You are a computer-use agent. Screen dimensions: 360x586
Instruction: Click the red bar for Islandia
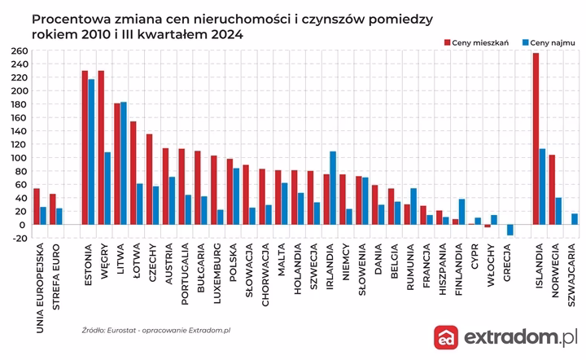coord(536,138)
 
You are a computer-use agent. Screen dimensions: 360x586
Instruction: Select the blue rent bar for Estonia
coord(92,151)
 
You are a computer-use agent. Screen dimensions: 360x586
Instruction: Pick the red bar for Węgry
coord(101,147)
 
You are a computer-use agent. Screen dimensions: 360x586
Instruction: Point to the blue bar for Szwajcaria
coord(575,219)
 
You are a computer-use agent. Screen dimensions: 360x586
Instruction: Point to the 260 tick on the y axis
coord(17,50)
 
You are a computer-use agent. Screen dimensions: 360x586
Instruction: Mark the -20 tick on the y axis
coord(17,238)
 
